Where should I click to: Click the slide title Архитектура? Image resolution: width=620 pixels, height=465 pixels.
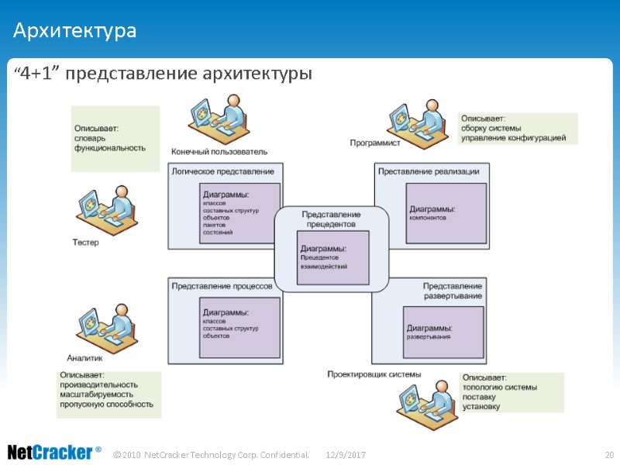(x=74, y=32)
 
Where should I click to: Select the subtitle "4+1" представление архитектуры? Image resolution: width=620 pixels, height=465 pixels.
(x=163, y=74)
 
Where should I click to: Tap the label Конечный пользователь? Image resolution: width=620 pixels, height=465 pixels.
(x=219, y=151)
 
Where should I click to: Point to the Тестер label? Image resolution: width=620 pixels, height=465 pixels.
(x=86, y=243)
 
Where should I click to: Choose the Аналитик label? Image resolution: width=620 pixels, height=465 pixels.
(x=84, y=357)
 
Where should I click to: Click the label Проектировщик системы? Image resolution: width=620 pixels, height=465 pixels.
(x=374, y=374)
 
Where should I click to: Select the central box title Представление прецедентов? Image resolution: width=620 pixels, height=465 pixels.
(x=331, y=219)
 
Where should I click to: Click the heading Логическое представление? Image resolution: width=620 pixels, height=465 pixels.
(x=222, y=170)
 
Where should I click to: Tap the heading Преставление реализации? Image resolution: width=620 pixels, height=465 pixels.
(x=429, y=171)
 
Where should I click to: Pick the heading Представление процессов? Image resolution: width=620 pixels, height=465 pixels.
(x=222, y=285)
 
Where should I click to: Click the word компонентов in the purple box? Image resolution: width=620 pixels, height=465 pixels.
(x=428, y=218)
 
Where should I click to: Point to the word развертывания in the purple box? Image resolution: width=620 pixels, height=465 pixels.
(x=428, y=337)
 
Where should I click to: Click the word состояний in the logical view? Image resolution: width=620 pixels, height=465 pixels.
(x=218, y=232)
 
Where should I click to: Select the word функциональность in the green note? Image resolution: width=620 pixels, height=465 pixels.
(x=110, y=146)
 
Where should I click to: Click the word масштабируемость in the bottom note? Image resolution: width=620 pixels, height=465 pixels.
(x=100, y=394)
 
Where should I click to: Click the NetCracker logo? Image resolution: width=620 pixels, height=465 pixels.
(x=54, y=452)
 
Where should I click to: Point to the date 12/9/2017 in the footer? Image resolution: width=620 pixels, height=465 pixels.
(x=346, y=453)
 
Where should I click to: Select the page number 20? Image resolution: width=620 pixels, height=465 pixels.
(x=608, y=453)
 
